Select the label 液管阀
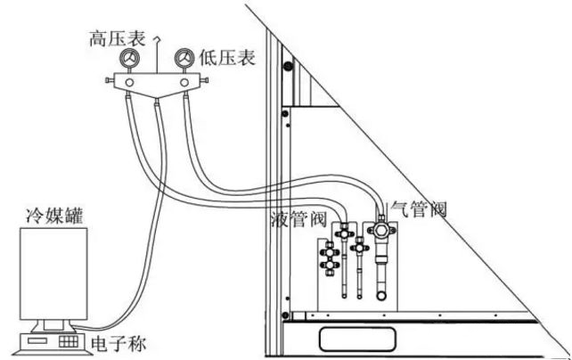294,217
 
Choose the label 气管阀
419,210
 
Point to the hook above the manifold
159,37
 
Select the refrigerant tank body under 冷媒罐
53,272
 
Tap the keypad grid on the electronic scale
67,341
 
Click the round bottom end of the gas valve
381,295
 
